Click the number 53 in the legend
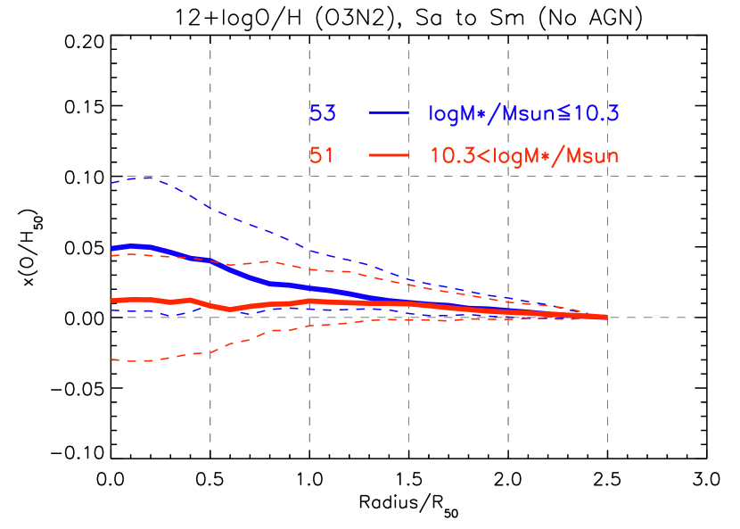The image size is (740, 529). (x=322, y=114)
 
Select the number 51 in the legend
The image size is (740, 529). (x=322, y=156)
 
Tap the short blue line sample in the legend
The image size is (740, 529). (x=389, y=113)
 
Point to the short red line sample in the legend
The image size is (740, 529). (x=389, y=155)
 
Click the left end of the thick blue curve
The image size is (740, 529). (x=112, y=248)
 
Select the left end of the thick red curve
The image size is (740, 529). (x=112, y=301)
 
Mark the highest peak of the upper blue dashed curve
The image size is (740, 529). (x=145, y=178)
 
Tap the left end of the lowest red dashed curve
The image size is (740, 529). (x=112, y=360)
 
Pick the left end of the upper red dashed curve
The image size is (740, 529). (x=112, y=256)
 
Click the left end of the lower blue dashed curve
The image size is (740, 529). (x=112, y=310)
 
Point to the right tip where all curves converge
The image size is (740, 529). (x=607, y=317)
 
